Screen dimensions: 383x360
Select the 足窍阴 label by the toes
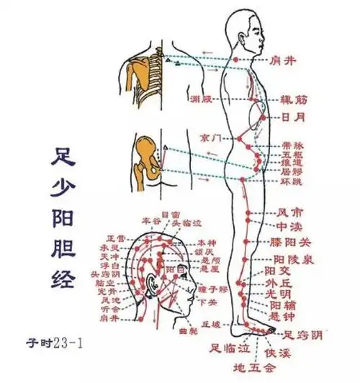301,333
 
